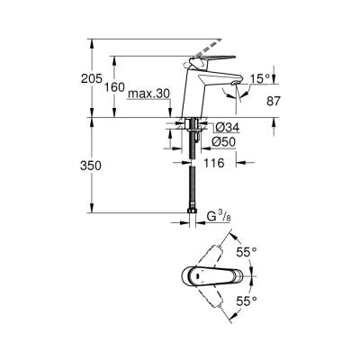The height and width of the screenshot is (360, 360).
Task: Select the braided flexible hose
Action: [193, 180]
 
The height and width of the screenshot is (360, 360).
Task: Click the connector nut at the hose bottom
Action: [193, 216]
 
